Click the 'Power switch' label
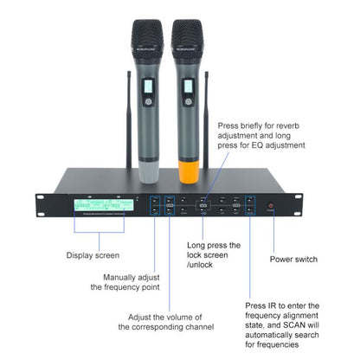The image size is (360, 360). click(x=293, y=259)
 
